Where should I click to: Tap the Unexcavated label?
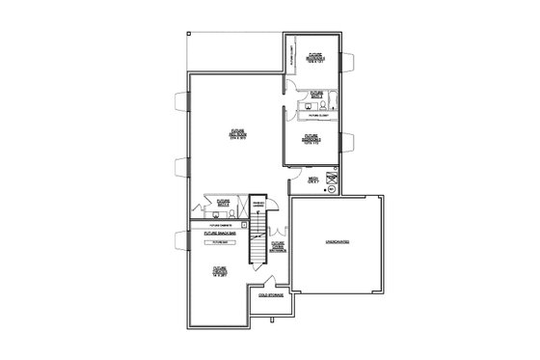click(x=336, y=242)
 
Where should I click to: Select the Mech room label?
click(x=313, y=180)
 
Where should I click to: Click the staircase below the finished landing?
click(x=257, y=248)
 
